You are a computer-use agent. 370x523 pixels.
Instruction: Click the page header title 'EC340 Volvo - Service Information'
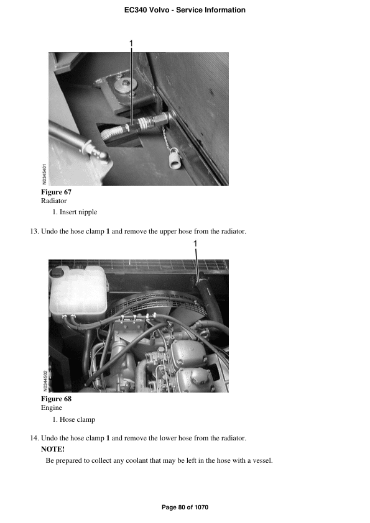pyautogui.click(x=185, y=10)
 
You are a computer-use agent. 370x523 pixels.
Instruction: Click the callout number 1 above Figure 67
pyautogui.click(x=131, y=42)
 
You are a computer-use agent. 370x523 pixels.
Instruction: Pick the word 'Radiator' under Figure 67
pyautogui.click(x=53, y=201)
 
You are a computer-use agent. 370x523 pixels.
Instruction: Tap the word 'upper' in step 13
pyautogui.click(x=173, y=232)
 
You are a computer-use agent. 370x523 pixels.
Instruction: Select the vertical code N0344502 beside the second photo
pyautogui.click(x=45, y=379)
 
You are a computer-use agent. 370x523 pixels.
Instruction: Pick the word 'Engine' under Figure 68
pyautogui.click(x=51, y=408)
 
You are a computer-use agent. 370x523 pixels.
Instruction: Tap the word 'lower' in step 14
pyautogui.click(x=173, y=439)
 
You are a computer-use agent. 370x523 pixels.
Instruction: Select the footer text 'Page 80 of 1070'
pyautogui.click(x=185, y=507)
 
